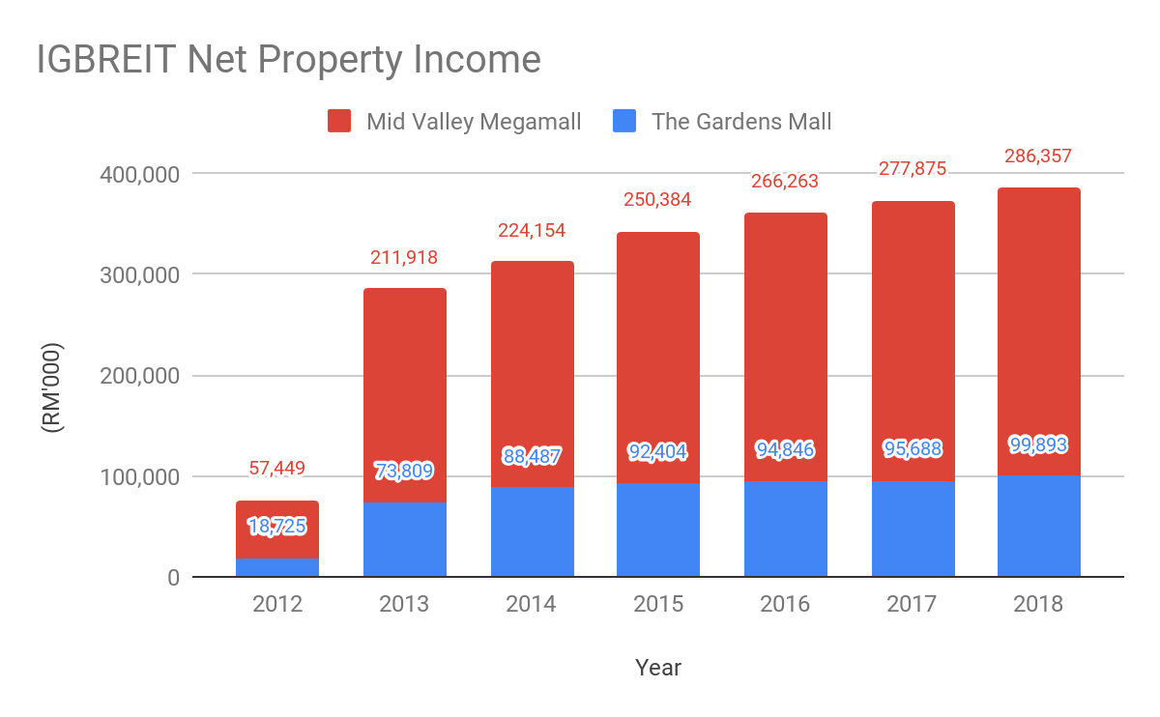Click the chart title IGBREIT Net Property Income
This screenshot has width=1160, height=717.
click(288, 60)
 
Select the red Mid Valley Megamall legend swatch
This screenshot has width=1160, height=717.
click(339, 122)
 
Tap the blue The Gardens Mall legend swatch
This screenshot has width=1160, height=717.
click(625, 122)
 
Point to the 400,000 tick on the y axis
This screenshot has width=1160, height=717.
click(140, 174)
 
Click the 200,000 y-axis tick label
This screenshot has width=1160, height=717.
click(140, 376)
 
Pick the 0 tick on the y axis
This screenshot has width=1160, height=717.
click(172, 578)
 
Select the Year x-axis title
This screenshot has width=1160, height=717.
click(658, 668)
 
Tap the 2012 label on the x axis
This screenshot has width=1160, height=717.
click(277, 605)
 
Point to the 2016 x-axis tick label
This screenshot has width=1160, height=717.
click(785, 605)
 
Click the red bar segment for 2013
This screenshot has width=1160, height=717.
click(405, 387)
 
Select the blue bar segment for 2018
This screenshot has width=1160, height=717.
click(1039, 527)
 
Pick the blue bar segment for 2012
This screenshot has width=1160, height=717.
click(277, 567)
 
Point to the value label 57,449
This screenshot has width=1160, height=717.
click(277, 470)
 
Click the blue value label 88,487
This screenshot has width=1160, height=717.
click(532, 455)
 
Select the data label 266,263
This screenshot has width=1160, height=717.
click(785, 181)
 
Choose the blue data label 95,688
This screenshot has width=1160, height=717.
click(913, 448)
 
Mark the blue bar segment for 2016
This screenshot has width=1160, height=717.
click(785, 529)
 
